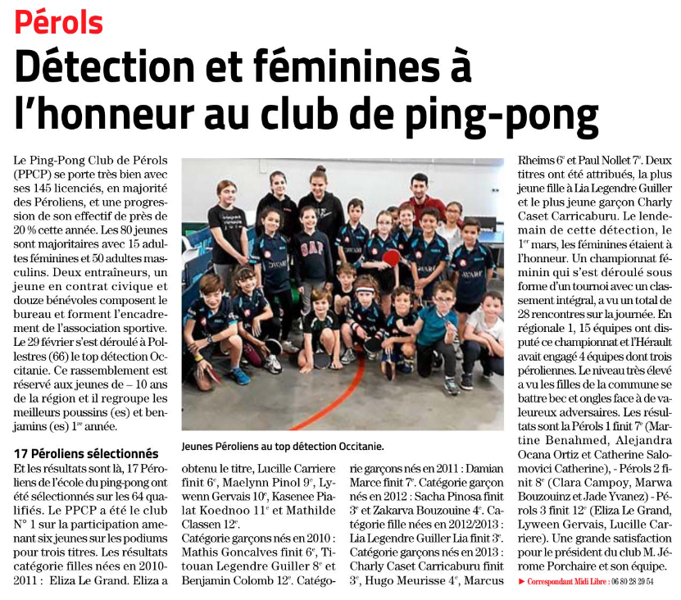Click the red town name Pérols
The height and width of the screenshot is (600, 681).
[58, 22]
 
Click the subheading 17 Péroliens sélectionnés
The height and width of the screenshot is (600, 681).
[85, 452]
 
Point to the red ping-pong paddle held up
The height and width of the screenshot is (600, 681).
[392, 259]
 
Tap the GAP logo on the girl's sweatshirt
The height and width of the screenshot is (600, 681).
[314, 247]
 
